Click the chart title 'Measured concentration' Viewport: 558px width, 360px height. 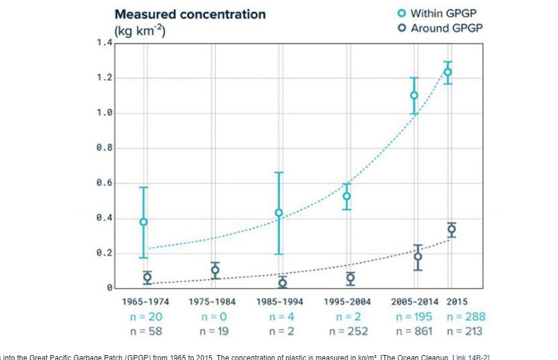190,14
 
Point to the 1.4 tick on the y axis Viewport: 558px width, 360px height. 104,43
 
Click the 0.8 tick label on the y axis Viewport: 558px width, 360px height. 104,148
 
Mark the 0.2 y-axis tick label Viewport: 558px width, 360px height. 104,253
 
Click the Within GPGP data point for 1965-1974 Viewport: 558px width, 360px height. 144,222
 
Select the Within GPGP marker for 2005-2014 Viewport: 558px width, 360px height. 414,95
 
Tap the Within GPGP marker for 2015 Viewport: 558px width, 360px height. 448,72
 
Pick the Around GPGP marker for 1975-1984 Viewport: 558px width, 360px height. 215,270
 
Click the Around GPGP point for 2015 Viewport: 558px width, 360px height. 452,230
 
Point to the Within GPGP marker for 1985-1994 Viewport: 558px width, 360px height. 279,213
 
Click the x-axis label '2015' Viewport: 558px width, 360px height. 457,302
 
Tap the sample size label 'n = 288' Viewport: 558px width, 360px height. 466,317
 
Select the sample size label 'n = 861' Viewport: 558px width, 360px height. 414,331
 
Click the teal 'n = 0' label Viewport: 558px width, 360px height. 214,317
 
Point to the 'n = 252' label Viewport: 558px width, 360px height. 348,331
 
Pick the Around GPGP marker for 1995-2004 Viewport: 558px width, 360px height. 350,278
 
